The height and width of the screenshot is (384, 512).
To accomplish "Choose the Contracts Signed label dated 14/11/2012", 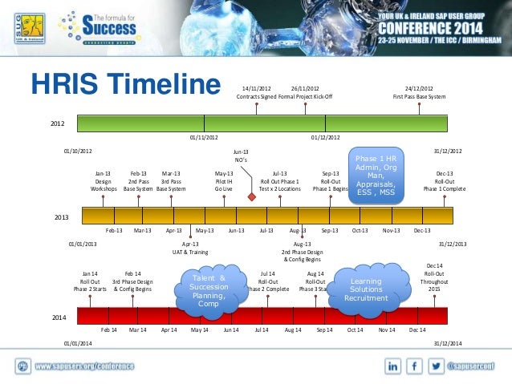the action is tap(257, 92).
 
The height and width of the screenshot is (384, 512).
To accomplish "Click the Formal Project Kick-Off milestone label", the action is tap(305, 92).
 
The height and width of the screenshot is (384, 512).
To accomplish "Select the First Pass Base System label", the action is tap(419, 92).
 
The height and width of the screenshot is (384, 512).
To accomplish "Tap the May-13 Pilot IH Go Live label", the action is tap(224, 180).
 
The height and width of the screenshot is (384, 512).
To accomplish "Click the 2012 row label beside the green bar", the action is tap(58, 124).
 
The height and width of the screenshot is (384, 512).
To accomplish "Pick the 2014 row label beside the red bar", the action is tap(59, 318).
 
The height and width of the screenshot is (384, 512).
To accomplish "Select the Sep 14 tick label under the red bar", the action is tap(324, 329).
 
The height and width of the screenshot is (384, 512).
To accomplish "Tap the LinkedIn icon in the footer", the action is tap(394, 366).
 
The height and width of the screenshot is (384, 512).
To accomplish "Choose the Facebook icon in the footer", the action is tap(415, 366).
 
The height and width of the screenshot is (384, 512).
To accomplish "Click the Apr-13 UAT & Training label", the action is tap(191, 247).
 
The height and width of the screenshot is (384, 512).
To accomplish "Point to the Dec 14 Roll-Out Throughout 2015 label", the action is tap(433, 277).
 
